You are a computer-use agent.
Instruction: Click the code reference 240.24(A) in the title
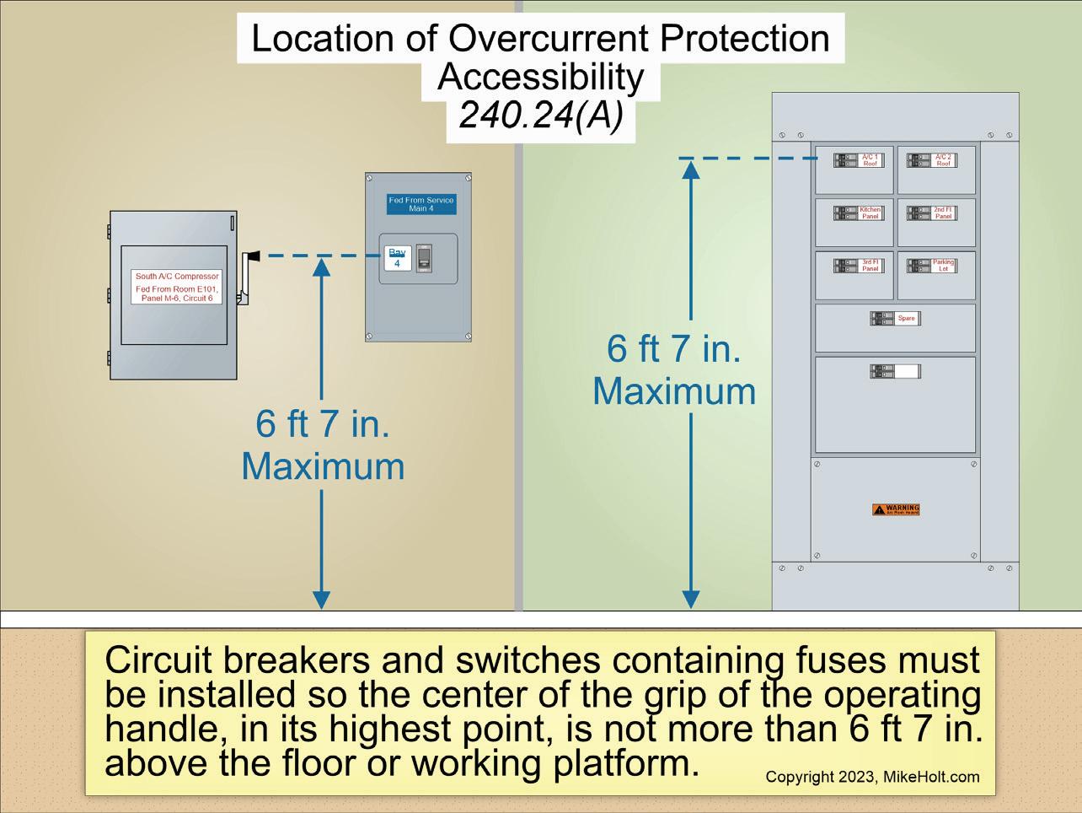[540, 115]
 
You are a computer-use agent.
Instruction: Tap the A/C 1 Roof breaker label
[870, 160]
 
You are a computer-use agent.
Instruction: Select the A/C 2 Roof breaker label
[943, 160]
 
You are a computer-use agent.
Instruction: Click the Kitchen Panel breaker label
[870, 213]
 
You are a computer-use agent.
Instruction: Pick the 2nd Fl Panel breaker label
[943, 213]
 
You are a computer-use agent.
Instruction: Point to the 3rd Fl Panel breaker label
[870, 266]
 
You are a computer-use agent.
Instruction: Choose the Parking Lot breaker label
[943, 266]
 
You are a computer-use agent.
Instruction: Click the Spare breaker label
[906, 319]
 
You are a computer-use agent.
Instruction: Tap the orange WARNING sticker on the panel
[896, 509]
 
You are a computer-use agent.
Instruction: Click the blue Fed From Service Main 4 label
[421, 204]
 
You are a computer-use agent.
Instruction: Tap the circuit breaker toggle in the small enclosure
[424, 258]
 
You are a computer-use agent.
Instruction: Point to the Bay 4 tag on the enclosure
[397, 258]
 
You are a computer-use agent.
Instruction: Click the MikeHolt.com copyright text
[872, 777]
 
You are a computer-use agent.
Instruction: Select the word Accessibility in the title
[540, 77]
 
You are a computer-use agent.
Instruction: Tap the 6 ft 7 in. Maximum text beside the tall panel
[674, 370]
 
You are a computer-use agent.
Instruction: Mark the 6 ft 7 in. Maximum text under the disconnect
[323, 444]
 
